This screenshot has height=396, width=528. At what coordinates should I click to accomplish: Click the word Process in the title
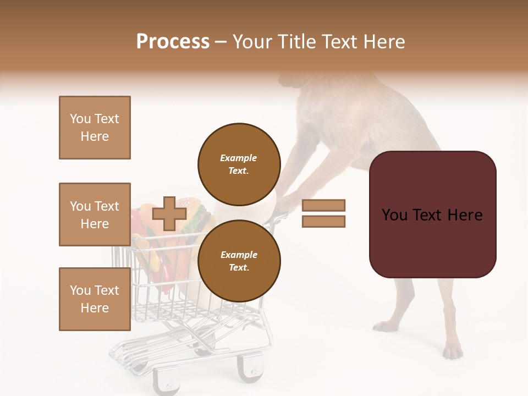pos(173,41)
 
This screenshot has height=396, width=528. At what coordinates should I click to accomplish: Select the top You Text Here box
pos(95,128)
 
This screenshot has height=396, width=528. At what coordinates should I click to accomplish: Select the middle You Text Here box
pos(95,215)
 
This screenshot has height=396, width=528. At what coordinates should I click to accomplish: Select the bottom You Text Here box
pos(95,299)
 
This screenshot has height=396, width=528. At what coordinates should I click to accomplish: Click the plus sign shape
pos(169,213)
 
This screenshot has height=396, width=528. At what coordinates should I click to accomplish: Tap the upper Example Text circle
pos(239,164)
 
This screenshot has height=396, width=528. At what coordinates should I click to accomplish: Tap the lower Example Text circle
pos(239,261)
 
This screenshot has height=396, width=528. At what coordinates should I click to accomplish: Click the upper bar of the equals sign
pos(323,206)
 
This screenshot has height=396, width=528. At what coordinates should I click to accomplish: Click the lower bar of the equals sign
pos(323,222)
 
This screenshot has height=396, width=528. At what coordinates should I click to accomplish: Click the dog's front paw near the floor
pos(385,327)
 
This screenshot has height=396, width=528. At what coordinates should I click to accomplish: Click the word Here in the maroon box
pos(464,215)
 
